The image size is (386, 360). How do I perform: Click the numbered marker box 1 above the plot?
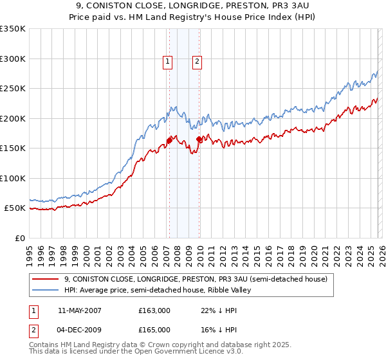click(x=167, y=62)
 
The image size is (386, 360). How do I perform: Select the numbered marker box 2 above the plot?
click(x=196, y=62)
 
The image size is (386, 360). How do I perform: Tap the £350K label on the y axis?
click(x=13, y=29)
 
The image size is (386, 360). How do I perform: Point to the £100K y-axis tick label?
click(x=13, y=178)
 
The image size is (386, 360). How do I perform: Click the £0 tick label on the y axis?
click(x=19, y=238)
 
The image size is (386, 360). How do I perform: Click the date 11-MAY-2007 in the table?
click(x=79, y=310)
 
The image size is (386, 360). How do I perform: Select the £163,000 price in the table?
click(x=154, y=310)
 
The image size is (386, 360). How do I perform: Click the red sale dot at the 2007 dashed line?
click(x=169, y=139)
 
